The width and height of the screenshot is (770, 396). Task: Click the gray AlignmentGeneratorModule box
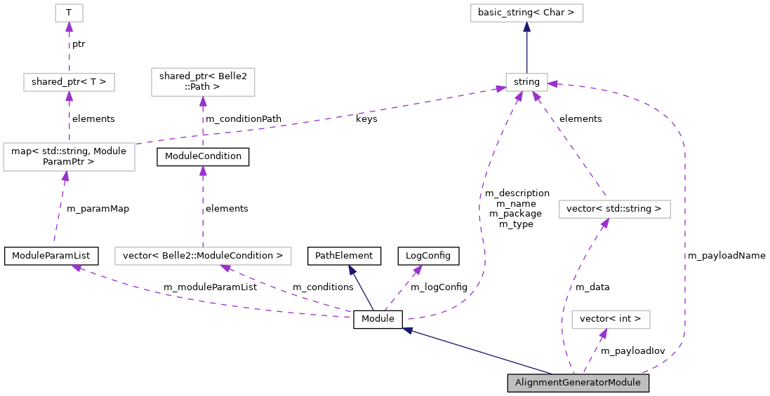[578, 383]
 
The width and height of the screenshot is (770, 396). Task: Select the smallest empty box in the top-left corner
[69, 13]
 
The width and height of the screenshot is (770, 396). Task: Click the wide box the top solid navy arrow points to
[526, 13]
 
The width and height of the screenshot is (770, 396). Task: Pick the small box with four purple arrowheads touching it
[526, 82]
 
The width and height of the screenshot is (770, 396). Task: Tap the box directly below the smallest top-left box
[69, 82]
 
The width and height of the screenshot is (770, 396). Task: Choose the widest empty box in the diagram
[203, 257]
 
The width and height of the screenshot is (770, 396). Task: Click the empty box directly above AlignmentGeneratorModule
[611, 320]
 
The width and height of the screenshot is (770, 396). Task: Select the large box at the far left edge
[69, 157]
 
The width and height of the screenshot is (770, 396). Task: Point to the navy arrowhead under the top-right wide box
[526, 27]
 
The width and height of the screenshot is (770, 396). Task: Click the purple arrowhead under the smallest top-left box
[69, 27]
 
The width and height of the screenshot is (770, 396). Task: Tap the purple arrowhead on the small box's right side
[553, 84]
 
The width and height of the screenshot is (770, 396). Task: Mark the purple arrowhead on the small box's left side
[500, 88]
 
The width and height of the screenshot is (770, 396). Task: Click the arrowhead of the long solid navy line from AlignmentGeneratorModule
[408, 329]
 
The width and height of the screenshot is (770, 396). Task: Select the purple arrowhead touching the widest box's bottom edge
[225, 268]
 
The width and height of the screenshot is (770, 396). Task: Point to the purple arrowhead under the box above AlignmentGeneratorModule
[603, 334]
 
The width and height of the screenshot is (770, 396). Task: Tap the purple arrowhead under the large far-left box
[65, 177]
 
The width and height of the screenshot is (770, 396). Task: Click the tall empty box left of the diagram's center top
[203, 82]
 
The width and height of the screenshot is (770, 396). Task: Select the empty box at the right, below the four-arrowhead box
[614, 209]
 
